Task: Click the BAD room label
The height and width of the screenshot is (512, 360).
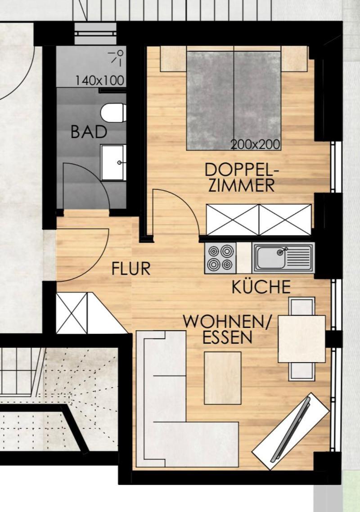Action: coord(89,131)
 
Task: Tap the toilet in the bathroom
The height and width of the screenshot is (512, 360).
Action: coord(113,112)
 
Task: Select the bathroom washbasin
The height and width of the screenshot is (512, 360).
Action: coord(113,162)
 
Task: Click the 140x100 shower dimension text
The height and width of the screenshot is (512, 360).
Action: coord(99,81)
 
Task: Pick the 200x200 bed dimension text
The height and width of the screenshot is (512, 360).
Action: coord(256,144)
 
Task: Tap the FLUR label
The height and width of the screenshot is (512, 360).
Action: coord(131,269)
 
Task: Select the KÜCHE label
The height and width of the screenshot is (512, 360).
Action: coord(261,287)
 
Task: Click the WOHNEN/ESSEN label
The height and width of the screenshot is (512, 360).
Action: coord(227,329)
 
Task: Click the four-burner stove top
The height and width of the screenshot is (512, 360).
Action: coord(220,258)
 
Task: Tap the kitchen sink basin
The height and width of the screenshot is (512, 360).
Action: coord(271,257)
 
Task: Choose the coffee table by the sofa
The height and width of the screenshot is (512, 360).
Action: coord(222,378)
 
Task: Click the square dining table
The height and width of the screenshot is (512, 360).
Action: coord(302,339)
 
